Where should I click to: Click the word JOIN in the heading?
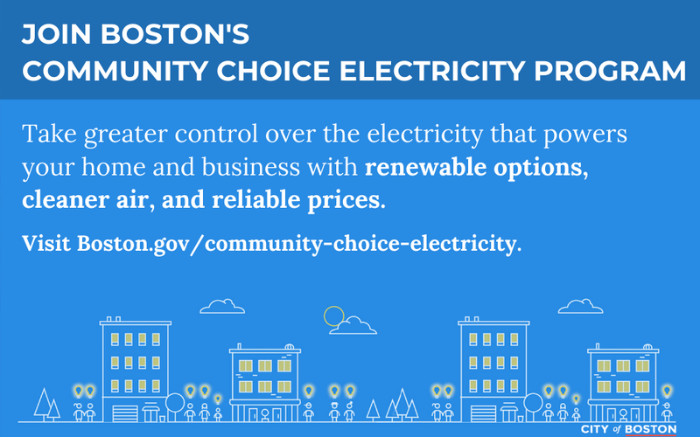(52, 35)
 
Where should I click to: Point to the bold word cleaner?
(62, 198)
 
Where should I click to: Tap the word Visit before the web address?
(46, 242)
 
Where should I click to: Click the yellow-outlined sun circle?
(333, 316)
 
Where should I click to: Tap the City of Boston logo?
(628, 429)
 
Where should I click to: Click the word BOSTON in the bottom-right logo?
(653, 428)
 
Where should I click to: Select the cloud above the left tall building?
(222, 306)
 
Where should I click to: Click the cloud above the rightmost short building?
(581, 306)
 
